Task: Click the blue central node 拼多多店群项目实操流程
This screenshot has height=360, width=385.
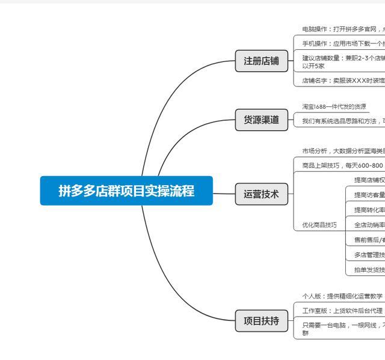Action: point(126,191)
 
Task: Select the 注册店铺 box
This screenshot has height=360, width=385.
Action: point(261,61)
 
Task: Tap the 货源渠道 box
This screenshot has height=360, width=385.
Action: point(261,120)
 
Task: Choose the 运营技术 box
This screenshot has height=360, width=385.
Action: point(261,194)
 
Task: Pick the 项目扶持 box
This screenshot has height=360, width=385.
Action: point(261,322)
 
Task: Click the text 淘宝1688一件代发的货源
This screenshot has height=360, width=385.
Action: point(334,106)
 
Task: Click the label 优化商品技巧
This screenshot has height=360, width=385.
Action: point(319,225)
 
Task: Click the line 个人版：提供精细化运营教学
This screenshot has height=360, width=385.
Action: point(342,296)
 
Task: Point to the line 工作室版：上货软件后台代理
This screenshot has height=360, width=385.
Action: point(342,311)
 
